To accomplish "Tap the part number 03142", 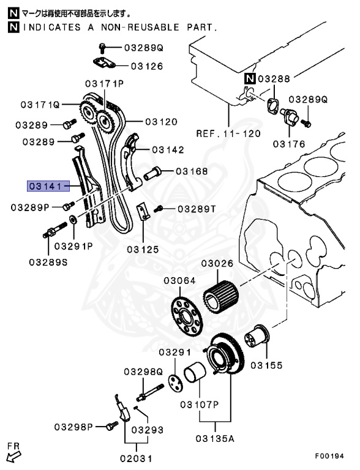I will coord(167,149).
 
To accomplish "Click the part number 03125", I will coord(143,249).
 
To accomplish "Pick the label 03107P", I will coord(199,405).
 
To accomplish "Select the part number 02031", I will coord(135,457).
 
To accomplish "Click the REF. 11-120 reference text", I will coord(228,133).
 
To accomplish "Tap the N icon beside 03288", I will coord(250,78).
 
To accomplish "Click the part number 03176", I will coord(289,144).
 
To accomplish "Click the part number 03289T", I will coord(197,209).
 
